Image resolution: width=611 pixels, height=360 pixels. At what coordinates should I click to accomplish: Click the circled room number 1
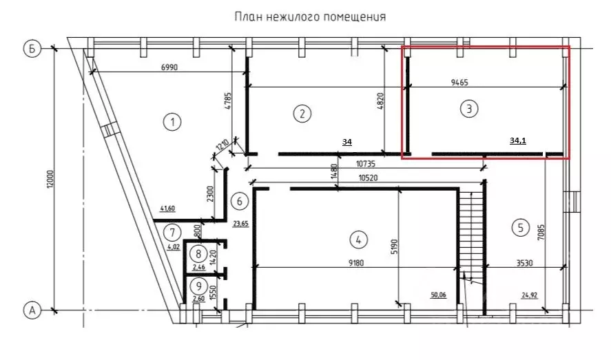(172, 123)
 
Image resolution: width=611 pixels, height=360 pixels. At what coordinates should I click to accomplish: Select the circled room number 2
(302, 114)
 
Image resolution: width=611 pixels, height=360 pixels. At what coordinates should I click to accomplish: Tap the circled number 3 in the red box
(468, 108)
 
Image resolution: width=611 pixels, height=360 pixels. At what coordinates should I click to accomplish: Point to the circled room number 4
(357, 240)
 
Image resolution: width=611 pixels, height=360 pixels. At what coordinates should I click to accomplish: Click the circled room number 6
(239, 202)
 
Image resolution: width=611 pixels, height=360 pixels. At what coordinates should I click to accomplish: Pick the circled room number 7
(174, 231)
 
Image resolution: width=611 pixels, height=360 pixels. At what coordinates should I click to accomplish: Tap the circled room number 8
(198, 254)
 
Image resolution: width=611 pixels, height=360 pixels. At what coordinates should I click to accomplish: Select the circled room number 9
(198, 286)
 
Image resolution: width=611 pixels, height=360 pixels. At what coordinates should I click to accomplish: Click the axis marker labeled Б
(31, 48)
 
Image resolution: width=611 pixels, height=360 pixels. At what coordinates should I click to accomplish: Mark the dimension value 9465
(460, 81)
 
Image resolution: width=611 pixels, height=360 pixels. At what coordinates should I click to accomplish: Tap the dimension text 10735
(368, 164)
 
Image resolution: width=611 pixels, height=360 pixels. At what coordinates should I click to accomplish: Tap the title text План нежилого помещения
(310, 16)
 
